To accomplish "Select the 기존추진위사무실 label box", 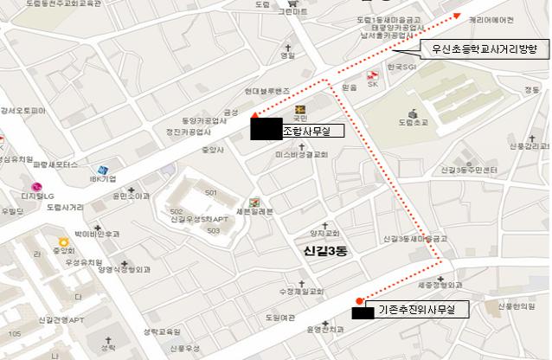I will (418, 308).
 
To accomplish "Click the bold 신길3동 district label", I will (324, 251).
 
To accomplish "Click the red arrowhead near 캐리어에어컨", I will (458, 15).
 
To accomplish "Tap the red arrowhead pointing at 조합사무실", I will (252, 115).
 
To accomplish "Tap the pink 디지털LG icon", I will (37, 186).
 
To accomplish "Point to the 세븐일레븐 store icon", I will (254, 201).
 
